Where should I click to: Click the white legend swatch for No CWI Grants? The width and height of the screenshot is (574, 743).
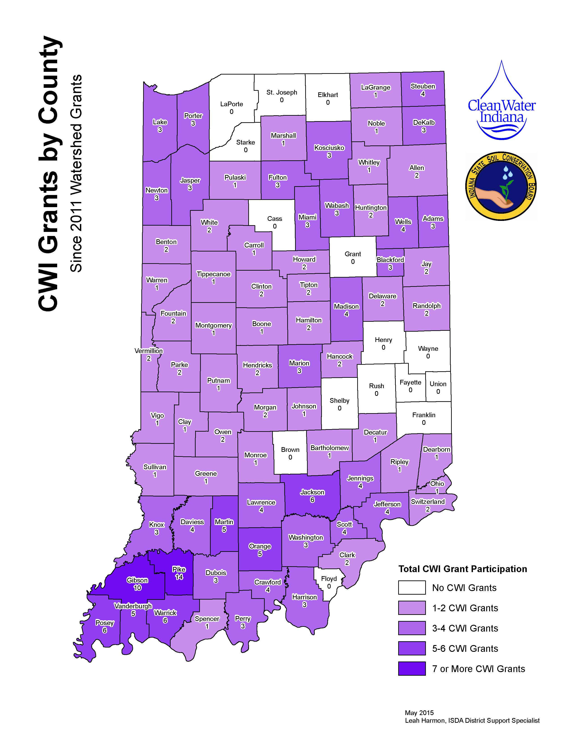(412, 587)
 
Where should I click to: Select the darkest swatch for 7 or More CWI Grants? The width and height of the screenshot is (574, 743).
(412, 668)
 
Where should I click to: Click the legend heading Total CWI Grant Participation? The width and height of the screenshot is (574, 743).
(463, 569)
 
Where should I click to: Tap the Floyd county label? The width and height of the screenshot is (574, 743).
(329, 579)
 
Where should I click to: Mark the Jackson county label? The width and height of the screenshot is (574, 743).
(312, 492)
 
